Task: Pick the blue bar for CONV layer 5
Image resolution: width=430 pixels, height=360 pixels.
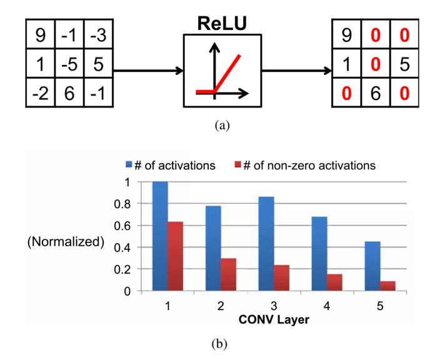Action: [x=372, y=266]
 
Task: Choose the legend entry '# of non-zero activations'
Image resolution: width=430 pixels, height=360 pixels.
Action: [x=306, y=166]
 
